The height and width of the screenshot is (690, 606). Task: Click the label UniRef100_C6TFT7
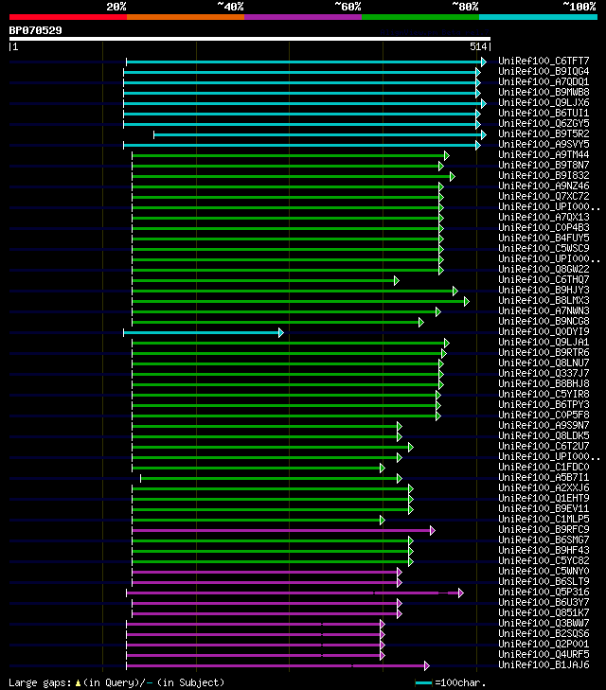pyautogui.click(x=543, y=62)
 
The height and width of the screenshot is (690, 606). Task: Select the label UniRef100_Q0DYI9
pyautogui.click(x=543, y=332)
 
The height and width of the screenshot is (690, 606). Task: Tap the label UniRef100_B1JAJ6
pyautogui.click(x=543, y=665)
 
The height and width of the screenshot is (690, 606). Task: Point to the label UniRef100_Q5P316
pyautogui.click(x=543, y=593)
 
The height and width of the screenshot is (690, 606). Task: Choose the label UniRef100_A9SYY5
pyautogui.click(x=543, y=145)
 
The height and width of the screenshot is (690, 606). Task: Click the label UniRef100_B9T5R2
pyautogui.click(x=543, y=134)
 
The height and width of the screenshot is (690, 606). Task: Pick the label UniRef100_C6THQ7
pyautogui.click(x=543, y=280)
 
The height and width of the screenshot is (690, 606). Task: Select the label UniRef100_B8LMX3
pyautogui.click(x=543, y=301)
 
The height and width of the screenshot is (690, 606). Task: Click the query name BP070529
pyautogui.click(x=36, y=30)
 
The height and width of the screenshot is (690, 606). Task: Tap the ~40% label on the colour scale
pyautogui.click(x=230, y=7)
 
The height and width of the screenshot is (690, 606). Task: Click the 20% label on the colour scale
pyautogui.click(x=116, y=7)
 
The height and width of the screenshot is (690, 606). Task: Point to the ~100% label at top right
pyautogui.click(x=579, y=7)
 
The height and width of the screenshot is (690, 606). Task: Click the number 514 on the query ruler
pyautogui.click(x=477, y=46)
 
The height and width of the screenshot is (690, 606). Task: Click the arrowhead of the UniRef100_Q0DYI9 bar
pyautogui.click(x=280, y=332)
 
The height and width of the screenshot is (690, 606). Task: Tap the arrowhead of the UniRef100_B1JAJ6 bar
pyautogui.click(x=427, y=665)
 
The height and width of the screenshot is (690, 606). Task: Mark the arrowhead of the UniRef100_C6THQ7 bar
pyautogui.click(x=396, y=280)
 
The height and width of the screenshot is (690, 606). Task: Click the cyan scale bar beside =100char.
pyautogui.click(x=423, y=682)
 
